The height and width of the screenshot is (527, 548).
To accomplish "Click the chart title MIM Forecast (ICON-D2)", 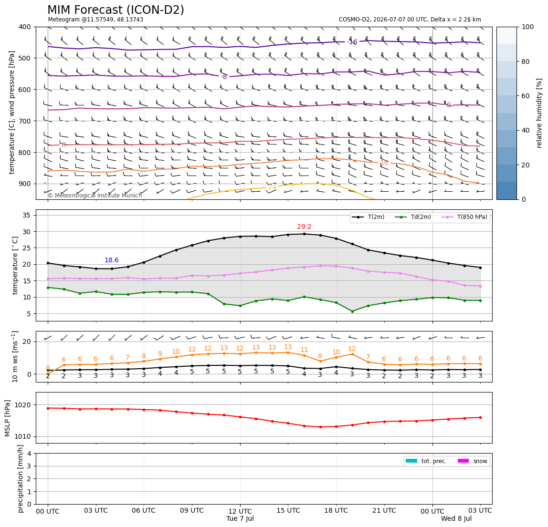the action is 116,10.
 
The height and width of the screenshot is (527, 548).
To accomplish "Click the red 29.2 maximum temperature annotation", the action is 304,227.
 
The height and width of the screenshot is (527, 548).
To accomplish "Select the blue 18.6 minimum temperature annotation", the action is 112,260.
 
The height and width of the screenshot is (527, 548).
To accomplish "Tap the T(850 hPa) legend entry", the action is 465,217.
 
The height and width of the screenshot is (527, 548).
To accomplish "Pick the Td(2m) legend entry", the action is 413,217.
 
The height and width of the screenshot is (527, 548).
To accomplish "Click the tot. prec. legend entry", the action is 426,461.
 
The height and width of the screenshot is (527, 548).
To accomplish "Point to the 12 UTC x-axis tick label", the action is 240,511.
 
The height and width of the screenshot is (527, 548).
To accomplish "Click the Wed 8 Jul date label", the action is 456,518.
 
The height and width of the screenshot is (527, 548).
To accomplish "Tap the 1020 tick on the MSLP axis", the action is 23,405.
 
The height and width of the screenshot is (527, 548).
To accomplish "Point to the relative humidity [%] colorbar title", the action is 539,113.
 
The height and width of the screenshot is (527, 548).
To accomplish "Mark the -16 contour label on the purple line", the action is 352,42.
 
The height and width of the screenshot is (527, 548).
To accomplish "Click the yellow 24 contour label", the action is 272,187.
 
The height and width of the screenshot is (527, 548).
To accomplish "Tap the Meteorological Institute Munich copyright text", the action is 95,195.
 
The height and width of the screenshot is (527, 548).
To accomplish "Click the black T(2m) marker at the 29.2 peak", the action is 304,234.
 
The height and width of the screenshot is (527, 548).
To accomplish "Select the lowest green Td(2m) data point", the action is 352,311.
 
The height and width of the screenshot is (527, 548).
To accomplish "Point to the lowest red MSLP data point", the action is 320,427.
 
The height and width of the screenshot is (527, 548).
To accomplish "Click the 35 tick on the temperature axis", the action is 27,215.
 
